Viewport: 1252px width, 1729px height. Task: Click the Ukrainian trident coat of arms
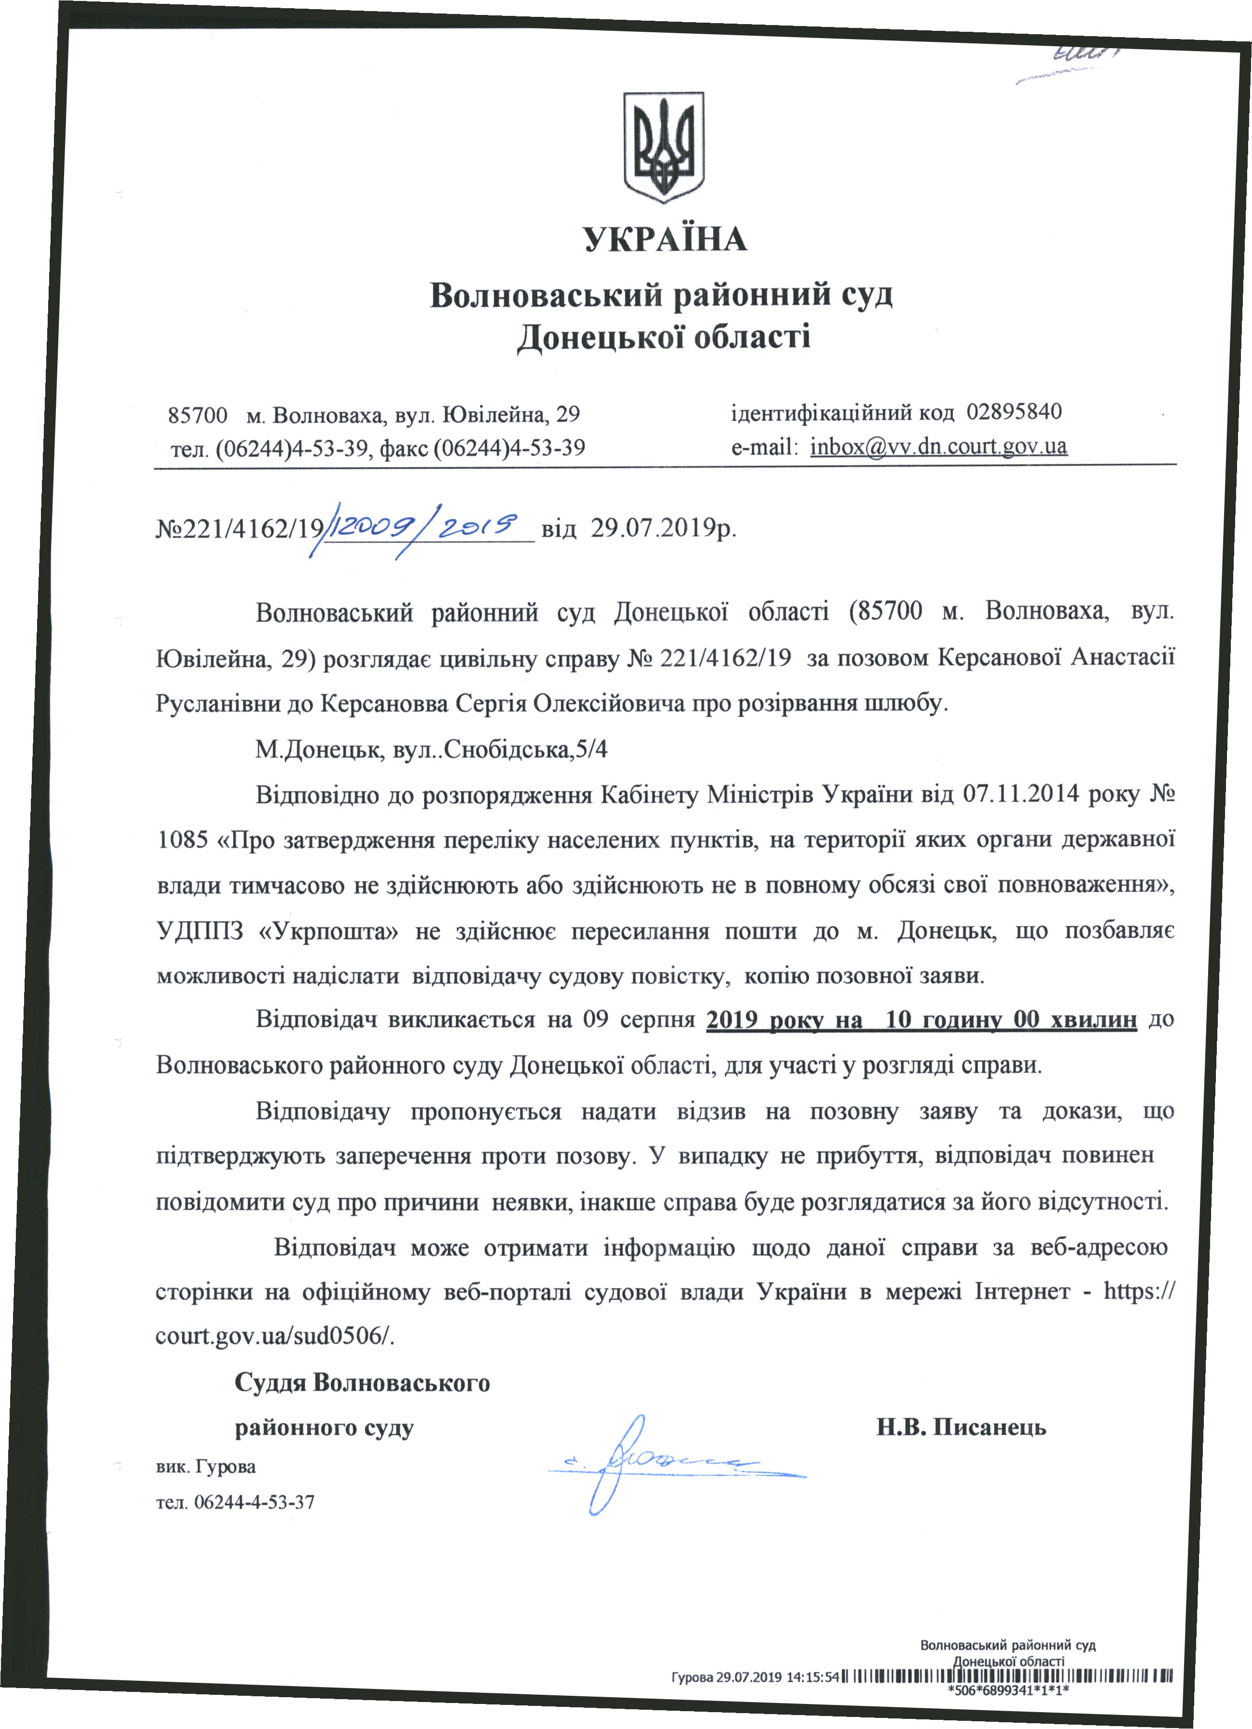click(664, 147)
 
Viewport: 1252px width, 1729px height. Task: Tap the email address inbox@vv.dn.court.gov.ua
click(938, 446)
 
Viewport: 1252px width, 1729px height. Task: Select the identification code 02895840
click(1014, 412)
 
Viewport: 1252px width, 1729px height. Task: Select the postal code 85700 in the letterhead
click(197, 415)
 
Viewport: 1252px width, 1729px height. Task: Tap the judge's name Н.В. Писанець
click(961, 1427)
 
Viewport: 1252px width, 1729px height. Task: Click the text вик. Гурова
click(206, 1466)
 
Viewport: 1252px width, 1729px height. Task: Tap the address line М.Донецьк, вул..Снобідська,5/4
click(431, 750)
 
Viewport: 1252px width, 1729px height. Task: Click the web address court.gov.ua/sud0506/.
click(275, 1335)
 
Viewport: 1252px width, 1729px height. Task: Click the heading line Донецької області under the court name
click(664, 337)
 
